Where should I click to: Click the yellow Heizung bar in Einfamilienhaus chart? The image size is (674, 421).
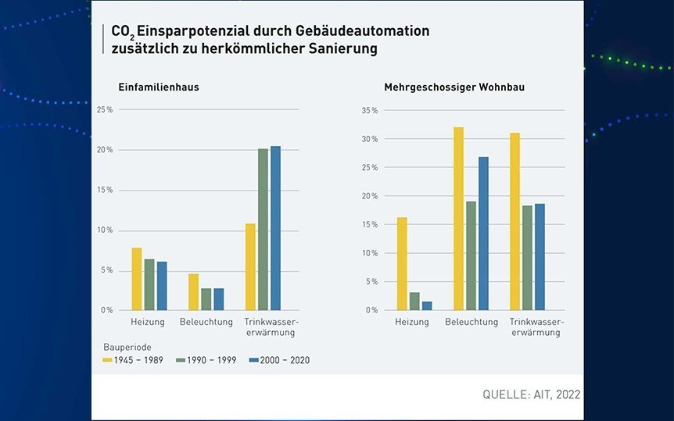[137, 279]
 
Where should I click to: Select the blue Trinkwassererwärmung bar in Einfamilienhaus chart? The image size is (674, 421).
[275, 228]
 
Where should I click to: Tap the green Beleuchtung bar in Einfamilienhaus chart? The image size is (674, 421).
[206, 299]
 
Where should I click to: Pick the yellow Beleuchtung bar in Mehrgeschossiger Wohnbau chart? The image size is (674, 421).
[459, 219]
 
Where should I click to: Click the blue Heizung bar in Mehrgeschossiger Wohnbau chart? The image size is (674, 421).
[427, 305]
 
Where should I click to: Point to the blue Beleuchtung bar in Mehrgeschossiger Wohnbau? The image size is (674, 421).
[483, 234]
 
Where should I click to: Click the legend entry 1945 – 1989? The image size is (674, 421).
[134, 360]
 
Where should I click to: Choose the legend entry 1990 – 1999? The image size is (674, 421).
[206, 360]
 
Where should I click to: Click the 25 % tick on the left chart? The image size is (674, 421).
[105, 109]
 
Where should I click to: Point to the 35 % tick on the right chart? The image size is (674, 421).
[370, 111]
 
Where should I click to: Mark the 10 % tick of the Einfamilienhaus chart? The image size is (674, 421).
[105, 230]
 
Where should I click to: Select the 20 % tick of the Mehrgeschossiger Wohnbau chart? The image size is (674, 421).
[370, 196]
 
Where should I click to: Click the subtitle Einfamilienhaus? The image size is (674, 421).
[159, 87]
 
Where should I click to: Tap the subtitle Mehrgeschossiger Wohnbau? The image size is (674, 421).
[454, 87]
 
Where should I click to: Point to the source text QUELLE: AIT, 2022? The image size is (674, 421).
[531, 395]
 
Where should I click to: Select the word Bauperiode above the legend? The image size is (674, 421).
[127, 345]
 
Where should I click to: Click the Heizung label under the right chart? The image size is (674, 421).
[412, 322]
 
